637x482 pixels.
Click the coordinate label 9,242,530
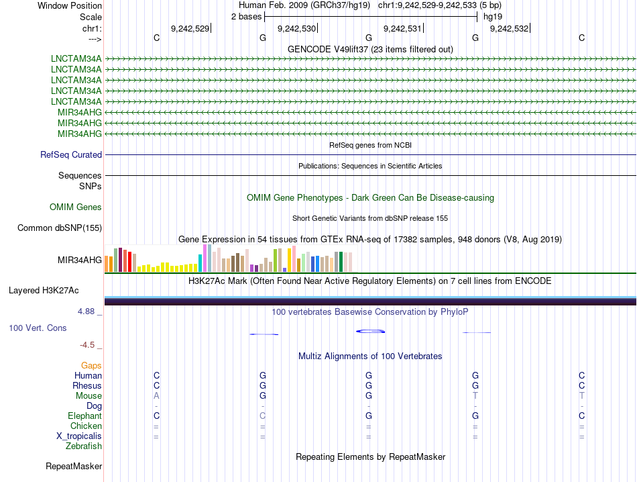click(x=296, y=28)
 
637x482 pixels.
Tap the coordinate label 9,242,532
click(x=509, y=28)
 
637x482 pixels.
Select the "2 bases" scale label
click(x=245, y=17)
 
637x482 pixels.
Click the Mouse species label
click(x=89, y=396)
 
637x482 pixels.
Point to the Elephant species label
click(x=85, y=416)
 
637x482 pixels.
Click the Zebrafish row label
click(x=84, y=446)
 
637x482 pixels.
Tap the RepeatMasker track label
click(x=74, y=466)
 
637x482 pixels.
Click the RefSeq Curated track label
click(x=71, y=155)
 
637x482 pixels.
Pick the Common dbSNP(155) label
click(x=60, y=228)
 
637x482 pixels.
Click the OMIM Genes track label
click(x=76, y=207)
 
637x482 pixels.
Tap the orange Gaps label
click(x=91, y=365)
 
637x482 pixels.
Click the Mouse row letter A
click(x=156, y=396)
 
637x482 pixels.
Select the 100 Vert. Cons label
click(x=37, y=328)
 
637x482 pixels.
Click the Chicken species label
click(x=86, y=426)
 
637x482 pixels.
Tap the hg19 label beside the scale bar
click(x=493, y=17)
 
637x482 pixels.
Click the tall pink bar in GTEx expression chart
click(x=205, y=258)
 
